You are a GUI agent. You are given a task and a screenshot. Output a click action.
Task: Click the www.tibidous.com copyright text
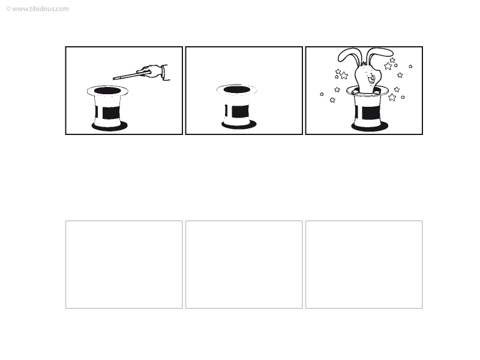[x=37, y=9]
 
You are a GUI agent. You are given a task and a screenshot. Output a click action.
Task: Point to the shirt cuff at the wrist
[x=166, y=73]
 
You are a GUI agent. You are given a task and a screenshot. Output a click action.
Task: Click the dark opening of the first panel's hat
[x=107, y=91]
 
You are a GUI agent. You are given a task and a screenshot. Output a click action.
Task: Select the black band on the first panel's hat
[x=110, y=113]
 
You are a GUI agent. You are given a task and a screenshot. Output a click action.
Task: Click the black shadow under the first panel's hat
[x=110, y=126]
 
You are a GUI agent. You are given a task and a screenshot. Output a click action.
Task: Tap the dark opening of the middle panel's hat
[x=236, y=89]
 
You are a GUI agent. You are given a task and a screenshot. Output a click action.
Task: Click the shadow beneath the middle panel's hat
[x=239, y=124]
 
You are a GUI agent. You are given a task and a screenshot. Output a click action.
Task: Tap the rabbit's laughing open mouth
[x=371, y=79]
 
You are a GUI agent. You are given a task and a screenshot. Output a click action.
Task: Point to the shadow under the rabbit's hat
[x=370, y=127]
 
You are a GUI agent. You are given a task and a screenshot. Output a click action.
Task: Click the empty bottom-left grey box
[x=124, y=265]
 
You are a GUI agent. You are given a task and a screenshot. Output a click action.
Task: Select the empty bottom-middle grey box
[x=244, y=265]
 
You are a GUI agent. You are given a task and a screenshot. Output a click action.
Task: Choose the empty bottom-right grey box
[x=364, y=265]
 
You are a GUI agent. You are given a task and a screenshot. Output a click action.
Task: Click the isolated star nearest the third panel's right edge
[x=410, y=67]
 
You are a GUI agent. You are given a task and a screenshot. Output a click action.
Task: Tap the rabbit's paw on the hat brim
[x=355, y=91]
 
